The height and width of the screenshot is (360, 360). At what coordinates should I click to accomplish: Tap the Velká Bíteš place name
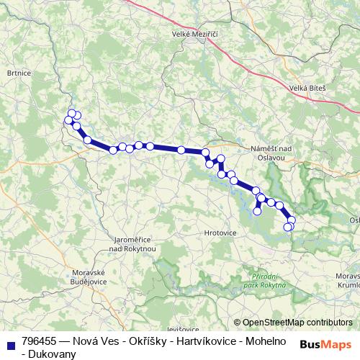coord(307,88)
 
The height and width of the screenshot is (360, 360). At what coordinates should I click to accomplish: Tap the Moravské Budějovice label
coord(89,277)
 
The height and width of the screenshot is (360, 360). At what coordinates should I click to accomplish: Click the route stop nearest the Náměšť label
coord(221,158)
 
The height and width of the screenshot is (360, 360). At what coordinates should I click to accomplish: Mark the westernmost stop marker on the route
coord(68,120)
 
